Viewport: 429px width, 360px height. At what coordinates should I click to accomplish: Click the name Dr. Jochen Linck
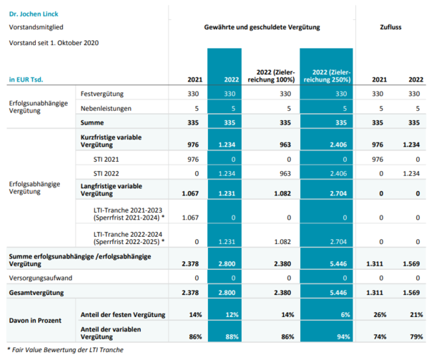[34, 14]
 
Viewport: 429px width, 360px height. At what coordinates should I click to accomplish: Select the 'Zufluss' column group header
[390, 27]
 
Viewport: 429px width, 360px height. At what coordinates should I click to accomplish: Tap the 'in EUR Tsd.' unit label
[26, 79]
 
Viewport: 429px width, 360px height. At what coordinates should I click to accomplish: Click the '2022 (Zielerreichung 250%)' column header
[327, 76]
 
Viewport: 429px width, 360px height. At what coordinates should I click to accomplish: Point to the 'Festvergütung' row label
[102, 94]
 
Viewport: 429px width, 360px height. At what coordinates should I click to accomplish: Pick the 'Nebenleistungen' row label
[106, 109]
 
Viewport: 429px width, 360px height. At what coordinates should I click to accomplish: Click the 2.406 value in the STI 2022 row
[338, 174]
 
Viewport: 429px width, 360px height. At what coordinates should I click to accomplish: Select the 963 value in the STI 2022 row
[285, 174]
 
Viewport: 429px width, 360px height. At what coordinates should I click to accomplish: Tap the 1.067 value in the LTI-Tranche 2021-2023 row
[190, 218]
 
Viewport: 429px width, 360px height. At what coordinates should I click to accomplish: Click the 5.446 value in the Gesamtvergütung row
[338, 293]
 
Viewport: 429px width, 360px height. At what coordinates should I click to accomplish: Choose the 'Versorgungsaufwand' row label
[41, 278]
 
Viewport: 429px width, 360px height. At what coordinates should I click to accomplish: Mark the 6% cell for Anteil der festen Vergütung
[345, 315]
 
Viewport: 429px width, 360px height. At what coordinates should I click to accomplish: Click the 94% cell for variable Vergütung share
[343, 336]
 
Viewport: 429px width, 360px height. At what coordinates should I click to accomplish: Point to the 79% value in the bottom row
[416, 336]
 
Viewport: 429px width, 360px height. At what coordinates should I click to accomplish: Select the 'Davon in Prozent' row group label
[35, 321]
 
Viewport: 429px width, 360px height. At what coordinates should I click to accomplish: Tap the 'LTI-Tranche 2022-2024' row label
[128, 235]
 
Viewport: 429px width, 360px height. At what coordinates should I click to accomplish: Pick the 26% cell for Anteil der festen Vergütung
[380, 315]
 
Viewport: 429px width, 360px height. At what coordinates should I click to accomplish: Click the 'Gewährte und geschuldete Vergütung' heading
[262, 27]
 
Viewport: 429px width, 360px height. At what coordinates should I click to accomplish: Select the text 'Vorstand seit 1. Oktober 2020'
[54, 43]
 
